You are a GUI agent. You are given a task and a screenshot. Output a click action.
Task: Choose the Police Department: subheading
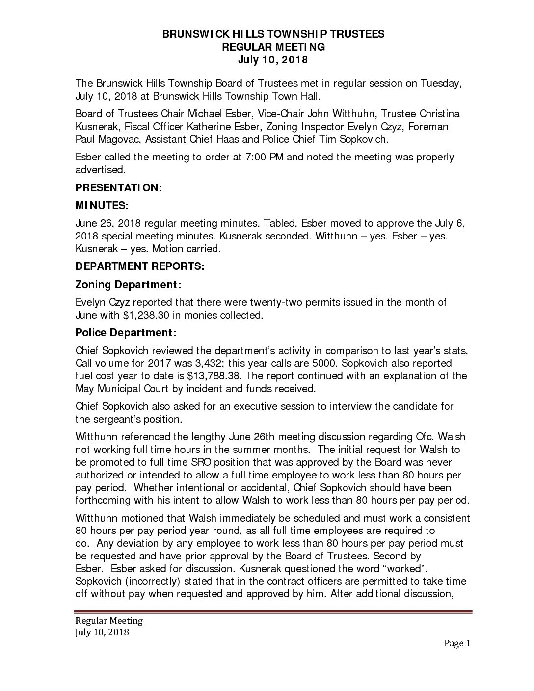(126, 333)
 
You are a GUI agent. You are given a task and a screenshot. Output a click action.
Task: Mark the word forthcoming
(105, 501)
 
